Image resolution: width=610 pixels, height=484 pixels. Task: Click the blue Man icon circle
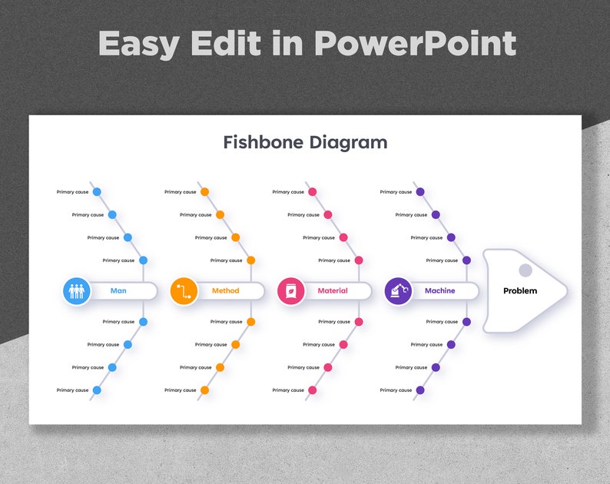point(77,291)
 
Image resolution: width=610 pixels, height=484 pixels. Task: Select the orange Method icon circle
point(184,291)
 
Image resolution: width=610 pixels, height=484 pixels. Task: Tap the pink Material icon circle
point(291,291)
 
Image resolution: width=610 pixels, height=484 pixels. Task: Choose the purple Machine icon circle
point(398,291)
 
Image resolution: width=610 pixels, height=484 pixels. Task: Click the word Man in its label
point(118,291)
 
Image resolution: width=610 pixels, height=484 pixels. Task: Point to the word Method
point(225,291)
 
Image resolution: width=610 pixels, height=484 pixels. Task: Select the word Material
point(333,291)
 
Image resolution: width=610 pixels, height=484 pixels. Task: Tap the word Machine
point(439,291)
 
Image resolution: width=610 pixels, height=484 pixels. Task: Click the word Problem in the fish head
point(520,291)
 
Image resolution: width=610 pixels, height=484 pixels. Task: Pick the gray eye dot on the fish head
point(525,270)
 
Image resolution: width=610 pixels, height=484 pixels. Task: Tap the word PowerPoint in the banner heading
point(415,44)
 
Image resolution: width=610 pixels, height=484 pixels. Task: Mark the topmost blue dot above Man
point(97,192)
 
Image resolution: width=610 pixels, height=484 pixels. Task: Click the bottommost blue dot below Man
point(97,390)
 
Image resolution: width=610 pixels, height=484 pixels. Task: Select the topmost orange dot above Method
point(204,192)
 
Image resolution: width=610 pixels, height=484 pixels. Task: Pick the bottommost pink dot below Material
point(312,390)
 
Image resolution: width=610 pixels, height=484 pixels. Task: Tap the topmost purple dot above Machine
point(420,192)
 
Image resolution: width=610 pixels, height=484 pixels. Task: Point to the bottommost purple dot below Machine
point(420,390)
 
